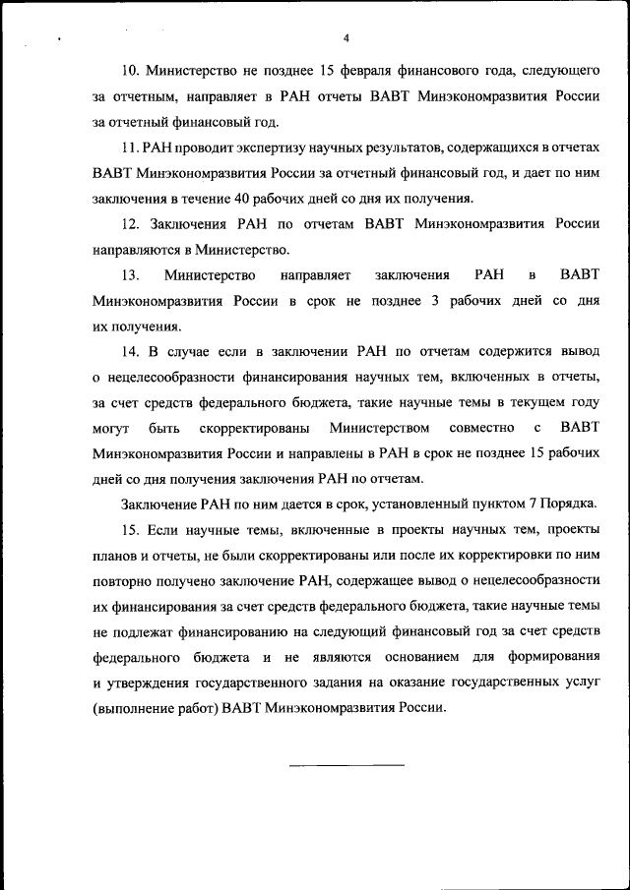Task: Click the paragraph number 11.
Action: click(x=130, y=148)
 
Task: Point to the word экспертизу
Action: click(x=263, y=148)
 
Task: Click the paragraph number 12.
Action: click(x=130, y=224)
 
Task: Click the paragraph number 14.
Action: click(x=130, y=351)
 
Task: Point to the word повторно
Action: click(x=123, y=581)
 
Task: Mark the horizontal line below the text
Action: click(x=346, y=764)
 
